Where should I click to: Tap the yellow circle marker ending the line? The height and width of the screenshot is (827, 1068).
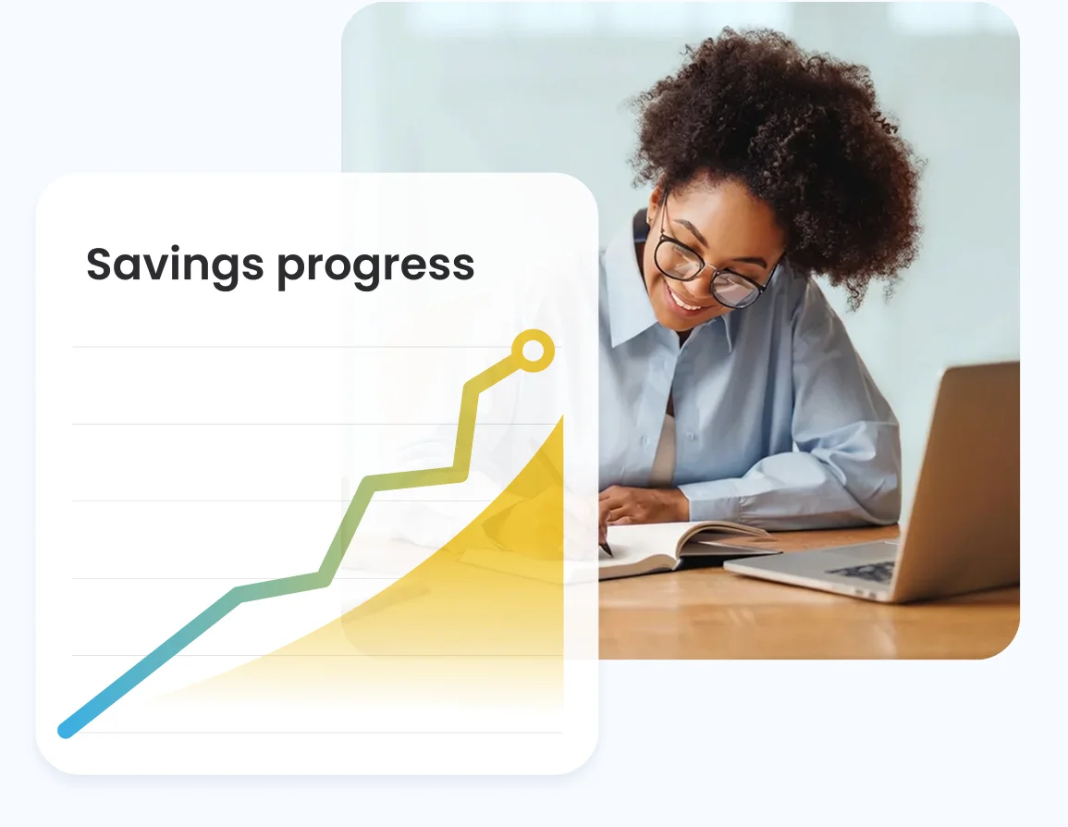pos(533,352)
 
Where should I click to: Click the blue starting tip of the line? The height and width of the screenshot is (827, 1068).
pos(66,730)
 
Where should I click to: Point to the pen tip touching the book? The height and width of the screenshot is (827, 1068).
pos(608,552)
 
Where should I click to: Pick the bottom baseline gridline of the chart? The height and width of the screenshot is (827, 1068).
pos(314,733)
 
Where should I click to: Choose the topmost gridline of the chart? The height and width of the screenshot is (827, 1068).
pos(277,347)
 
